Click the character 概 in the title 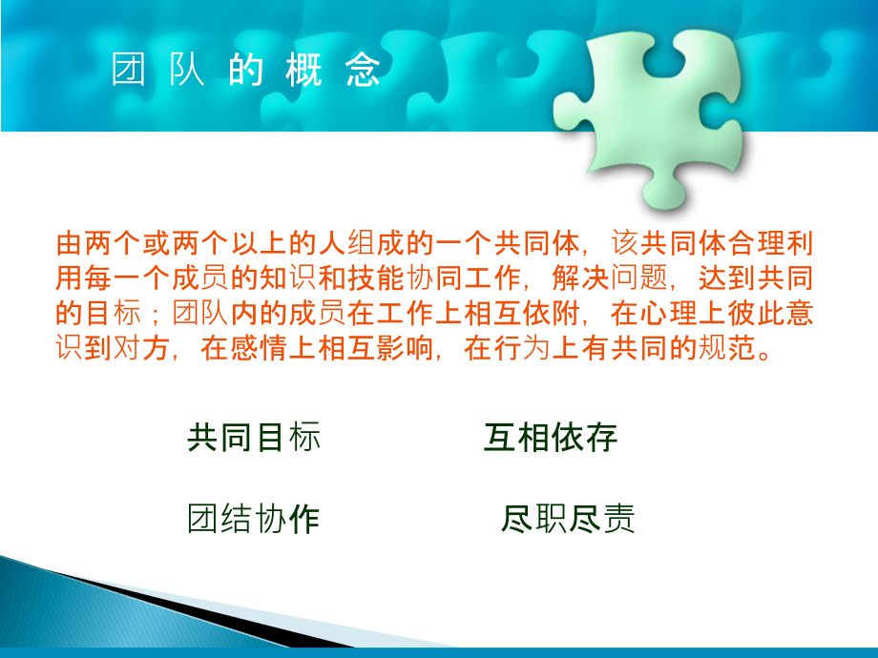click(304, 70)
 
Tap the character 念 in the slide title click(363, 70)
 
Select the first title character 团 click(128, 70)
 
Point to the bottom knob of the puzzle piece click(664, 192)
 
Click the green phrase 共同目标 click(254, 437)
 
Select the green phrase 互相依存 click(551, 437)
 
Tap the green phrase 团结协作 click(254, 518)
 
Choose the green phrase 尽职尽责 click(568, 518)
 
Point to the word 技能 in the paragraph click(376, 278)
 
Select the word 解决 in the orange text click(580, 278)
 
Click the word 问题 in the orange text click(638, 278)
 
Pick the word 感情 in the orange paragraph click(259, 348)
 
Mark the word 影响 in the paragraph click(405, 348)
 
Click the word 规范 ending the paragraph click(726, 348)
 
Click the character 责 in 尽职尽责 click(618, 518)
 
